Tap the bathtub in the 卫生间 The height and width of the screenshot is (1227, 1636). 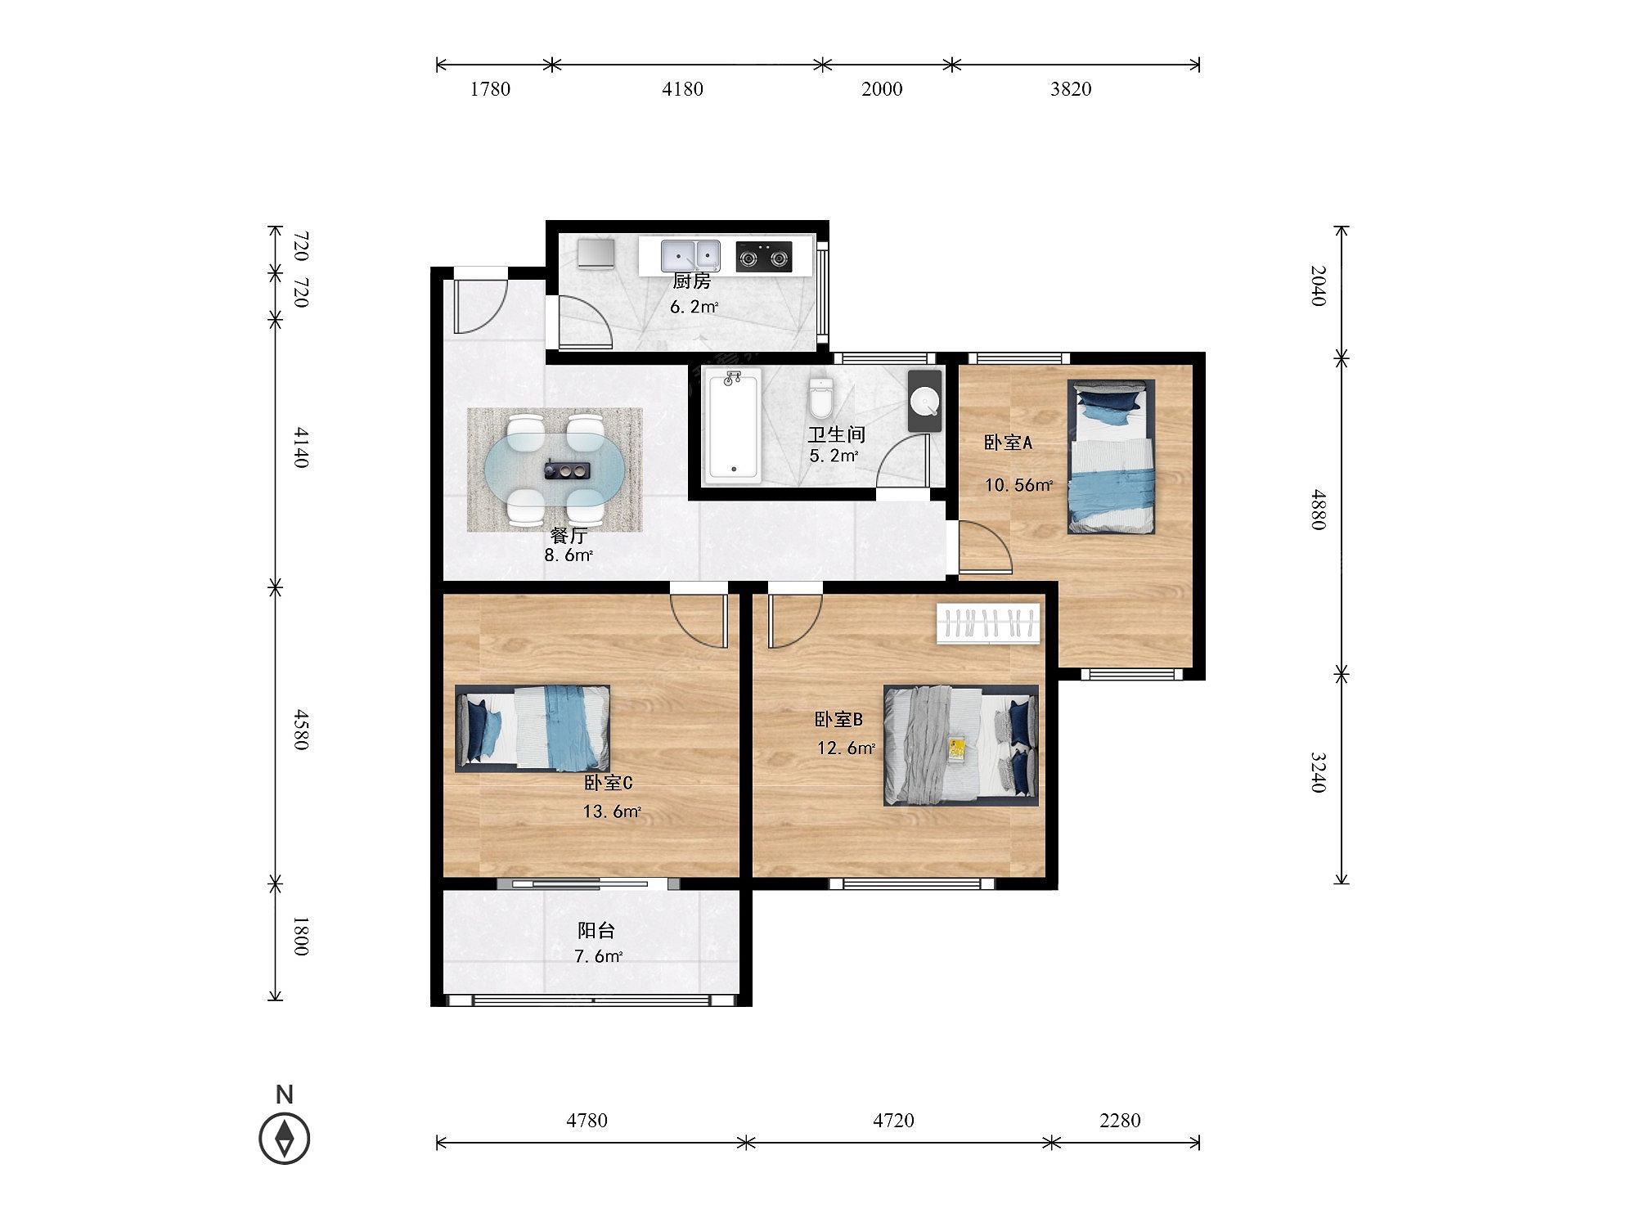pos(734,423)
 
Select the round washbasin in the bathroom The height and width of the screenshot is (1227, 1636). pos(925,402)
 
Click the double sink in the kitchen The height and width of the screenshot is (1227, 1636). pos(690,255)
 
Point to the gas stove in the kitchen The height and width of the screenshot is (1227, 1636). pos(764,256)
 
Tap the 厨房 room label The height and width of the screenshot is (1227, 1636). pos(692,282)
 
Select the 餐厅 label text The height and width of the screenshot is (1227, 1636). pos(569,536)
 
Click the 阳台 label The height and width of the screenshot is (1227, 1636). pos(596,931)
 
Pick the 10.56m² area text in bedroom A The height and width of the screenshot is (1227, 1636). pos(1018,485)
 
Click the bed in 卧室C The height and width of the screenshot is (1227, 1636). pos(533,728)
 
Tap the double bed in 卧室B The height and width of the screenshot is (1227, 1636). pos(961,745)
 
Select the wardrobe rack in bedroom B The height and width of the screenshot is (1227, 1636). pos(989,624)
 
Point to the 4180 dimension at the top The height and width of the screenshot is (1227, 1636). pos(682,89)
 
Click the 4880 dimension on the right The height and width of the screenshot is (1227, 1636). pos(1317,510)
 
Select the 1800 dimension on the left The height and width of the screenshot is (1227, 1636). pos(300,937)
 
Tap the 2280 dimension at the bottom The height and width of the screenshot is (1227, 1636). pos(1120,1120)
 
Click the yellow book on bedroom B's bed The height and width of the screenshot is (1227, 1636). pos(957,749)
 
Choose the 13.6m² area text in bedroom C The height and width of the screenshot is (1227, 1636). pos(612,812)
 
